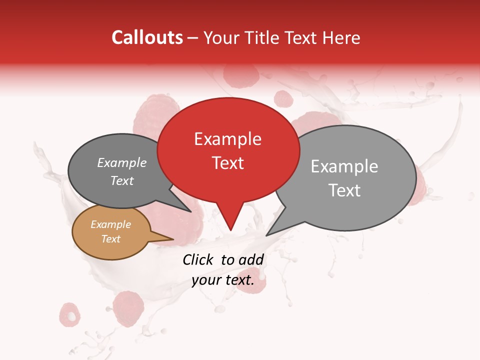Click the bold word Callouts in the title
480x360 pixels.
click(x=147, y=37)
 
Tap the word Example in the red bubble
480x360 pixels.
click(x=227, y=139)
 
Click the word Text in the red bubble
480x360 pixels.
click(x=227, y=162)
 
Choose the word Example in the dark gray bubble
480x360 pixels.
click(x=122, y=162)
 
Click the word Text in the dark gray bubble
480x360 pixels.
click(x=122, y=180)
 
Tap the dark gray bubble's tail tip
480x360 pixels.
click(x=190, y=211)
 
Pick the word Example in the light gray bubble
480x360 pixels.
click(x=344, y=166)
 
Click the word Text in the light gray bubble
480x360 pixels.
click(x=344, y=190)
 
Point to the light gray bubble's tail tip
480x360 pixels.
click(x=266, y=235)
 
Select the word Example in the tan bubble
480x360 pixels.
click(x=110, y=224)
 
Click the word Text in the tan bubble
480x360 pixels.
click(x=110, y=239)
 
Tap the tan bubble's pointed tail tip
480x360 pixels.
click(x=173, y=239)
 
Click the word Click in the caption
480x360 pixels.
click(x=198, y=259)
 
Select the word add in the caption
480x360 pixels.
click(x=251, y=259)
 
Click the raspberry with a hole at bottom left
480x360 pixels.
click(x=71, y=314)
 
